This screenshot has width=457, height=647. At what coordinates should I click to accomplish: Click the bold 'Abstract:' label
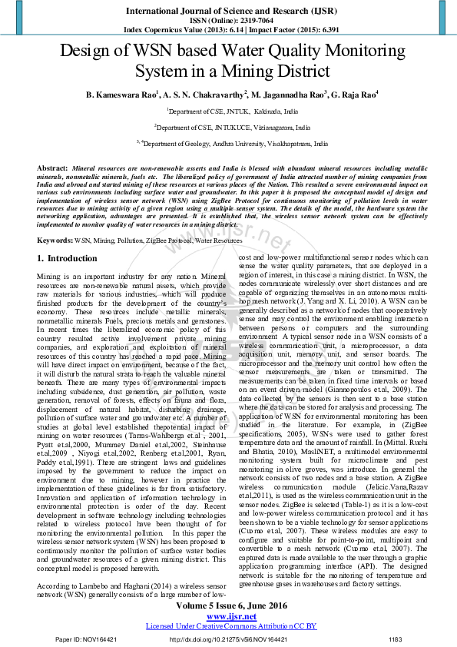tap(53, 168)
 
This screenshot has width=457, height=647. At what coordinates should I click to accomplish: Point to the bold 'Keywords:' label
tap(55, 241)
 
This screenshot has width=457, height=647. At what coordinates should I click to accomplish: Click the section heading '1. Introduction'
tap(68, 259)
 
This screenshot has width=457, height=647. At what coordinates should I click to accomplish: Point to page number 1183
tap(396, 639)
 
